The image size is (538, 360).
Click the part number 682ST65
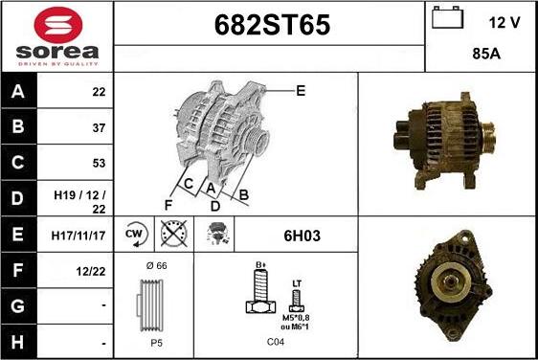pyautogui.click(x=272, y=25)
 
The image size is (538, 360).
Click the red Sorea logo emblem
pyautogui.click(x=58, y=25)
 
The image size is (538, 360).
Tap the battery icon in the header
pyautogui.click(x=447, y=17)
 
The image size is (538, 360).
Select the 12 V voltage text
pyautogui.click(x=504, y=23)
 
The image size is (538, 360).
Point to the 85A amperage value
pyautogui.click(x=486, y=54)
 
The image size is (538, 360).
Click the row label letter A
pyautogui.click(x=18, y=92)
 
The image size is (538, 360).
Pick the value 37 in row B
pyautogui.click(x=99, y=127)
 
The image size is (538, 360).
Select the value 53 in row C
pyautogui.click(x=99, y=163)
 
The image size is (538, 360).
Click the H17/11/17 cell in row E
pyautogui.click(x=78, y=236)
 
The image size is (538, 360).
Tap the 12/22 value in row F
pyautogui.click(x=91, y=272)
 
